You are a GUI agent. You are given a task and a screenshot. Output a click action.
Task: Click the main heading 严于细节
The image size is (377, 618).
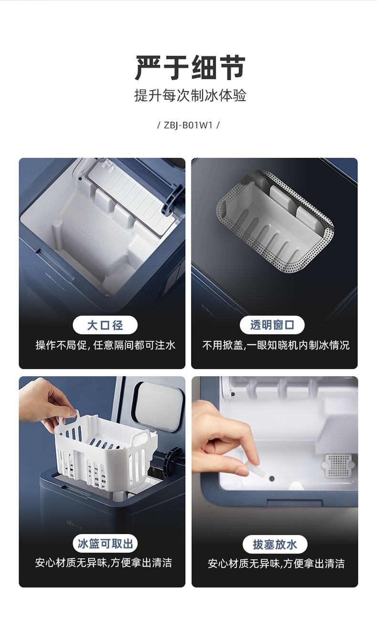click(x=190, y=68)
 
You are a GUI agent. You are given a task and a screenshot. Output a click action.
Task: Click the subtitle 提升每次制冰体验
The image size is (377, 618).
click(x=190, y=95)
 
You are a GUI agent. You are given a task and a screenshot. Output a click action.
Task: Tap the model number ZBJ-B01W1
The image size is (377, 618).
click(x=188, y=125)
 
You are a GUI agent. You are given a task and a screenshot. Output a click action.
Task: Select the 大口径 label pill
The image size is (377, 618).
click(x=105, y=325)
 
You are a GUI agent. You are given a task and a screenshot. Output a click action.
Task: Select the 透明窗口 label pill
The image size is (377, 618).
click(x=272, y=325)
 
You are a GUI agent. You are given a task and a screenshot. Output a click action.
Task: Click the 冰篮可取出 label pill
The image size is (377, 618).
click(x=105, y=544)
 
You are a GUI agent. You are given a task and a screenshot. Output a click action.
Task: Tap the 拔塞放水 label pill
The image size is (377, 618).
click(x=275, y=545)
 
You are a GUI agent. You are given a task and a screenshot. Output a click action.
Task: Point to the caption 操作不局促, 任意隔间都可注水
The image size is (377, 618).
click(x=105, y=345)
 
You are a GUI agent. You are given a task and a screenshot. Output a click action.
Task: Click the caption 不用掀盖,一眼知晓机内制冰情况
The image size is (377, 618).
click(x=276, y=345)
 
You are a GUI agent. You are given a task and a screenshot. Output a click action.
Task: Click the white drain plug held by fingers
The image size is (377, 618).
click(x=255, y=470)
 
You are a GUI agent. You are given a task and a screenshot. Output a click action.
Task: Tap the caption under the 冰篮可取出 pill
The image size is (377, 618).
click(x=104, y=563)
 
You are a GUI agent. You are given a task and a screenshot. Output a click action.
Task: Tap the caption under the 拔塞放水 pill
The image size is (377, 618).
click(x=276, y=564)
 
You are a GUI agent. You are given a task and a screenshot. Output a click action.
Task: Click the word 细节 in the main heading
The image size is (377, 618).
click(x=218, y=68)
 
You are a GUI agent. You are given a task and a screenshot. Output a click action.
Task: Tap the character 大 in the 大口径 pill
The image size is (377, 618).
click(x=93, y=325)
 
